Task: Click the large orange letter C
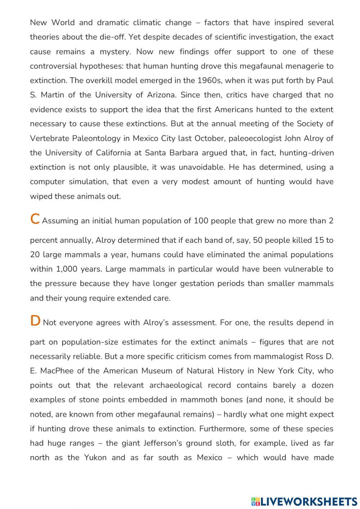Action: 35,219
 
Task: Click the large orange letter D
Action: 35,321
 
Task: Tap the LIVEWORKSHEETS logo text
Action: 309,501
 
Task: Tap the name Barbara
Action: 182,153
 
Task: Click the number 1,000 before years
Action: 66,269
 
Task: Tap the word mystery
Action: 115,52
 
